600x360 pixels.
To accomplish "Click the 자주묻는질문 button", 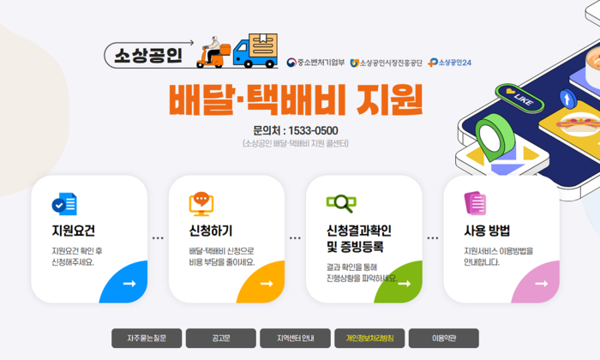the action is pos(147,339).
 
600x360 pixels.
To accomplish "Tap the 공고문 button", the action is pos(221,339).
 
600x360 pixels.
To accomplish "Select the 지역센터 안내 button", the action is pos(295,339).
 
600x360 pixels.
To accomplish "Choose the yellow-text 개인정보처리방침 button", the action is pos(369,339).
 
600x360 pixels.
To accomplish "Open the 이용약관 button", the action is pos(444,339).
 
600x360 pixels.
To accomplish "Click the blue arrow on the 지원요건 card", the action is pos(129,284).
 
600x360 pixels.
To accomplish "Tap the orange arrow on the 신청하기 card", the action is pos(267,284).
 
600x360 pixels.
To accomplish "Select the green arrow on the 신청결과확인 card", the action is pos(404,284).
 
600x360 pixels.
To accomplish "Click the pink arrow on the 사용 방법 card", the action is pos(542,284).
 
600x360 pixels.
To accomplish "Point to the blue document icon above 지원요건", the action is pos(64,204).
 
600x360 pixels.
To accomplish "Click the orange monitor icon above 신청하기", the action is pos(201,204).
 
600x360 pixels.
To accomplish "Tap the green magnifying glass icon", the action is pos(341,203).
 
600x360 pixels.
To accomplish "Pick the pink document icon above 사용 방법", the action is pos(475,203).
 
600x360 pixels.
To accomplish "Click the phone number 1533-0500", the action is pos(313,131).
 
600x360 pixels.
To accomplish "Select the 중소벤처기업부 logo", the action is pos(315,63).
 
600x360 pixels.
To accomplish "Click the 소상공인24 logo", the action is pos(450,63).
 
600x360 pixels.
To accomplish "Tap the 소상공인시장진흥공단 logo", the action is pos(386,63).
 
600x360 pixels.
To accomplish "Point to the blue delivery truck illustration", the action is pos(255,51).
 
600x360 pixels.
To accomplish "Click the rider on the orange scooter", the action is pos(213,52).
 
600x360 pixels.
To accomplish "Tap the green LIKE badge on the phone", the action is pos(519,98).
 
